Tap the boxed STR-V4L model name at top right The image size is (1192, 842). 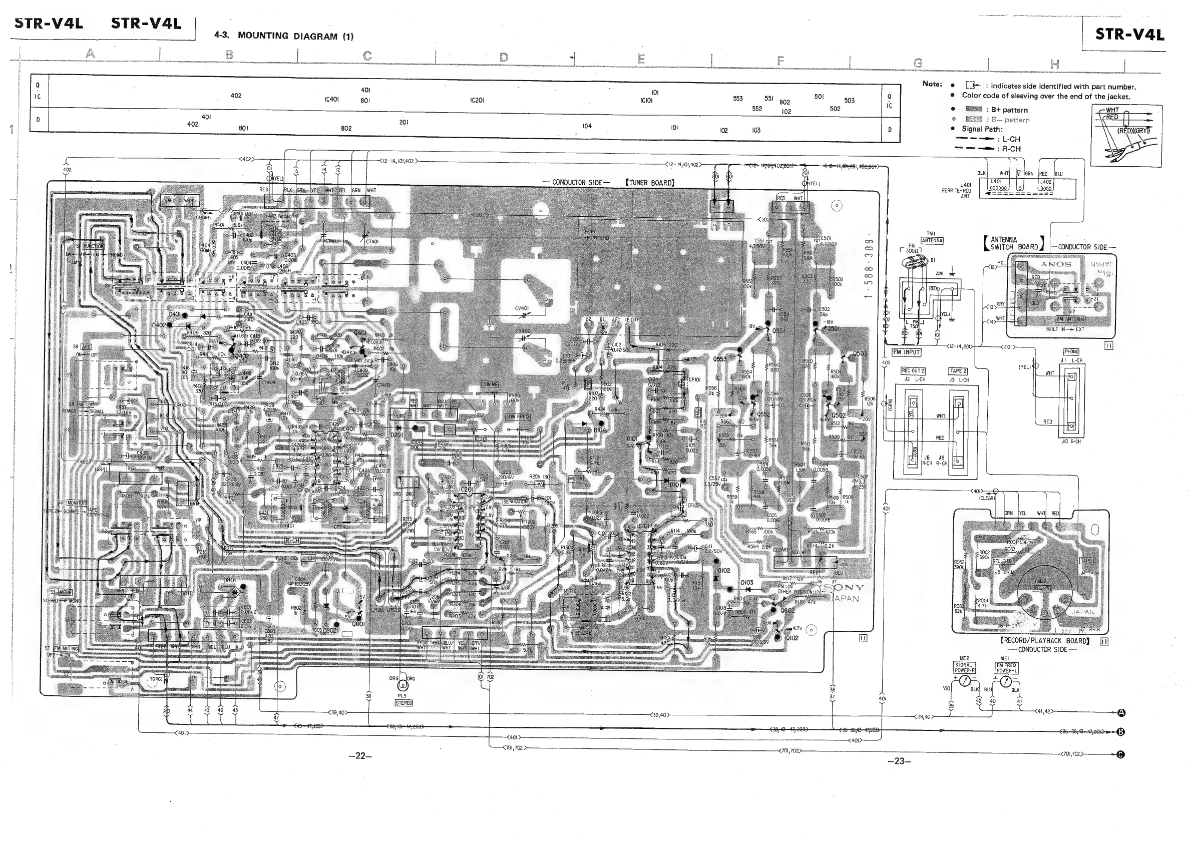(1129, 34)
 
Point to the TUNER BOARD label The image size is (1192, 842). (650, 183)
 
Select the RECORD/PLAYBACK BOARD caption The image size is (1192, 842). (1044, 641)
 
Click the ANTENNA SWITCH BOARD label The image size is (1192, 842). (1014, 243)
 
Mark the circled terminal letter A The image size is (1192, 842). (1121, 713)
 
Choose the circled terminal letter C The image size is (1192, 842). (1121, 755)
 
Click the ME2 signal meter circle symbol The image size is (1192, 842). (965, 680)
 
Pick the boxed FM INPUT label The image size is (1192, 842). (907, 352)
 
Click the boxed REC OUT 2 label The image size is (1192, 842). (913, 370)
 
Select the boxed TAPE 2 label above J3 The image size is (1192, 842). (958, 370)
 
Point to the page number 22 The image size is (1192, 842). (360, 756)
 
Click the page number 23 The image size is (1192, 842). (899, 761)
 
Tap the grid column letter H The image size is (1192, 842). (1054, 65)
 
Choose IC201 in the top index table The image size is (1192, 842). (477, 100)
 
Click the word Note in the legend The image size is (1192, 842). (932, 84)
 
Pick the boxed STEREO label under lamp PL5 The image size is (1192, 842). (404, 703)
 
